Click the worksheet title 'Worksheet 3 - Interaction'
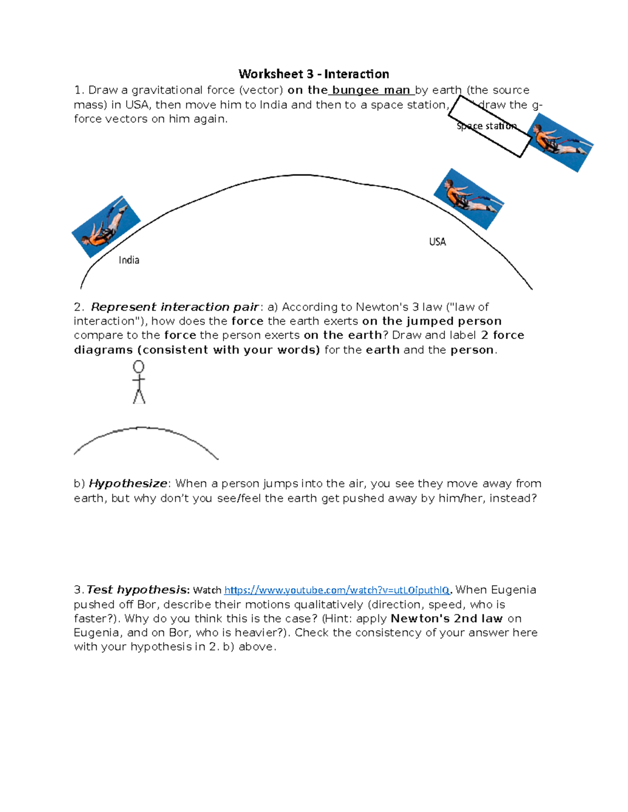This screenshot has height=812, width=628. [313, 74]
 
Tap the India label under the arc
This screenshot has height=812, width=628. [129, 260]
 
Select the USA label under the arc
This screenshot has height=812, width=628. [437, 242]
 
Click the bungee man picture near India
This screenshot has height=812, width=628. [106, 227]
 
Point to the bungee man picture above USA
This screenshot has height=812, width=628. [468, 199]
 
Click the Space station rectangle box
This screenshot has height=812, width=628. [490, 127]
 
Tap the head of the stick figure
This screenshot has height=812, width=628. [139, 367]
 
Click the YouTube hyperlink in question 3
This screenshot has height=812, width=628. [337, 590]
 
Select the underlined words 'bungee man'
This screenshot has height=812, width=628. [371, 90]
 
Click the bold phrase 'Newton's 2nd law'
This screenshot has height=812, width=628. [446, 619]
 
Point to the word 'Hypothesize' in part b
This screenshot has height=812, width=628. [128, 484]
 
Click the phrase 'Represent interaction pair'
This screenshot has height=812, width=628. [175, 307]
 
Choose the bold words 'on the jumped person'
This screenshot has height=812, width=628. [432, 321]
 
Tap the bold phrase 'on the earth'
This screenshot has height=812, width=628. [343, 335]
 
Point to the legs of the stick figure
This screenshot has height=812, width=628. [139, 396]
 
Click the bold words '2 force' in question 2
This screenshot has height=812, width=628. [502, 335]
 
